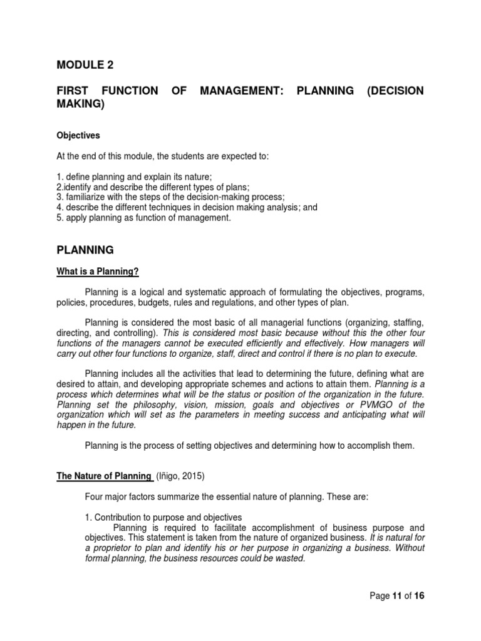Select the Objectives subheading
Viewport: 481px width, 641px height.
[78, 135]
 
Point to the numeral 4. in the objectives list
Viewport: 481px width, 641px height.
[60, 208]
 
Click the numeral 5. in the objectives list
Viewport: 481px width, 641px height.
[60, 218]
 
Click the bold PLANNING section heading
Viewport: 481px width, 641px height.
[85, 250]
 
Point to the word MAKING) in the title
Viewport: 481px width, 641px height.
[80, 104]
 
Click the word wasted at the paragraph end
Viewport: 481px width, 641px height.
[289, 558]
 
